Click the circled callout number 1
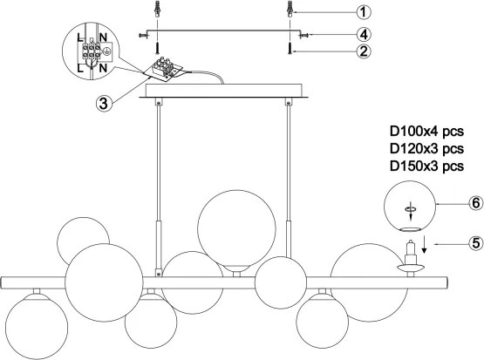pyautogui.click(x=364, y=12)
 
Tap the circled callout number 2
pyautogui.click(x=364, y=51)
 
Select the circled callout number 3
pyautogui.click(x=104, y=103)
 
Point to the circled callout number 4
pyautogui.click(x=364, y=34)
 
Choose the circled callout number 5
pyautogui.click(x=476, y=243)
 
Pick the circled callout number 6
pyautogui.click(x=476, y=204)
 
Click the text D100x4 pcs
pyautogui.click(x=426, y=132)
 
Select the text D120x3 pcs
pyautogui.click(x=426, y=149)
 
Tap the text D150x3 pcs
pyautogui.click(x=426, y=166)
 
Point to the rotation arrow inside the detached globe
pyautogui.click(x=411, y=211)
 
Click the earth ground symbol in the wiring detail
pyautogui.click(x=106, y=51)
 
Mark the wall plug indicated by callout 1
pyautogui.click(x=289, y=10)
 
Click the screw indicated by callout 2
pyautogui.click(x=290, y=49)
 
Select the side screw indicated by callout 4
pyautogui.click(x=304, y=36)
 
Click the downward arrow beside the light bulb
pyautogui.click(x=425, y=244)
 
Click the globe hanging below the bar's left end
pyautogui.click(x=37, y=326)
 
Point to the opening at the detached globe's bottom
pyautogui.click(x=410, y=229)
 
